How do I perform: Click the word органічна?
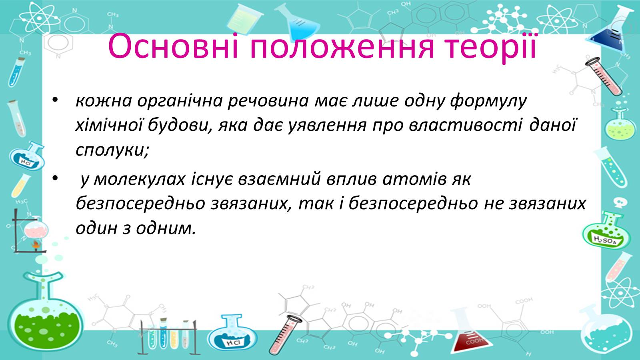tap(180, 102)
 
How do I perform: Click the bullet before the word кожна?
tap(55, 100)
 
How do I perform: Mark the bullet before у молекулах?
tap(55, 178)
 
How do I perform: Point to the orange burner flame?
tap(36, 244)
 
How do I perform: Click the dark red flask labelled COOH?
tap(472, 337)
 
